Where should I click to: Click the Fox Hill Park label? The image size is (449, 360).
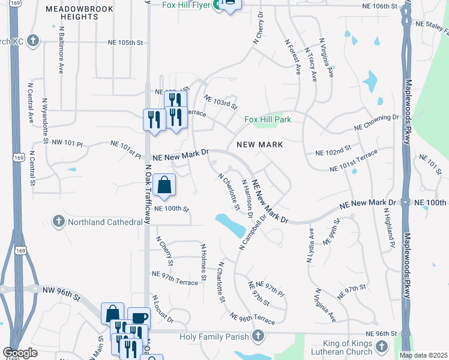268,119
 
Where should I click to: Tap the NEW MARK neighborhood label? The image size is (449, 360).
259,145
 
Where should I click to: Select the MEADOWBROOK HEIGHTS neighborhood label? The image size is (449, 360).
80,13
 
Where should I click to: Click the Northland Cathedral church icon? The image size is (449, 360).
58,221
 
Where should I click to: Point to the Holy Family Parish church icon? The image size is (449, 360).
258,336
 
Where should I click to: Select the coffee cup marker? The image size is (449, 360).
139,318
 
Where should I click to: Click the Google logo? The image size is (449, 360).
20,353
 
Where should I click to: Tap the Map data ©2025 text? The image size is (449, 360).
423,355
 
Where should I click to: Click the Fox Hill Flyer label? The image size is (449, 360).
188,5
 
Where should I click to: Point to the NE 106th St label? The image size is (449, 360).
379,7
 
